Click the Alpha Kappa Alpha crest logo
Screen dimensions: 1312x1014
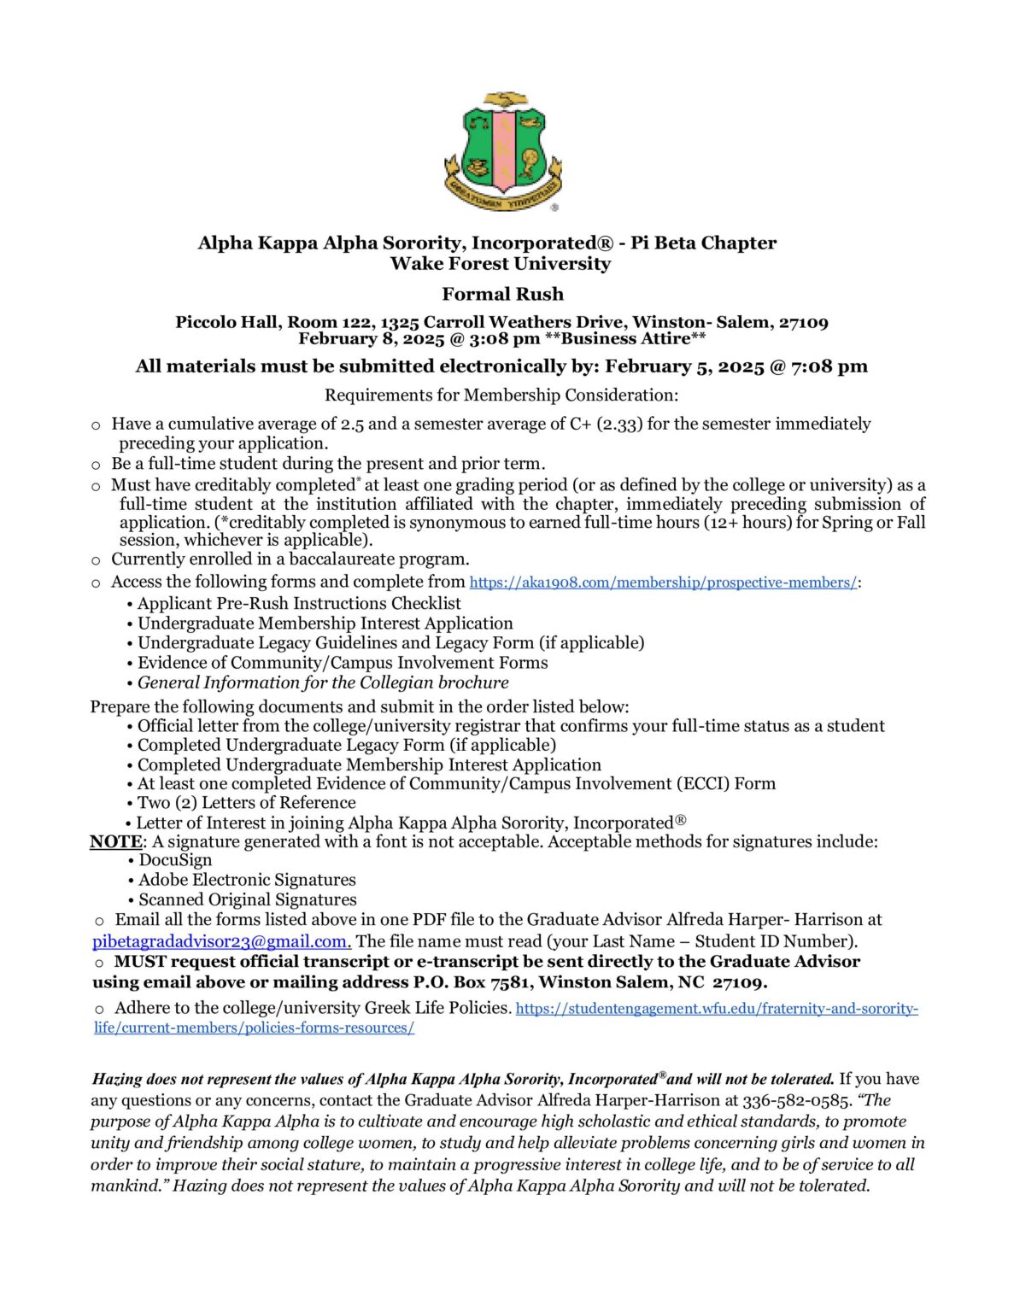tap(503, 151)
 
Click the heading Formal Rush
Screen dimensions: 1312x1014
tap(502, 294)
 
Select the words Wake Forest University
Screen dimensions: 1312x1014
tap(501, 264)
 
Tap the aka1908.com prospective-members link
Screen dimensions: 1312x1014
tap(663, 583)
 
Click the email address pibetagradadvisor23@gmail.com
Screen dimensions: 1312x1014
tap(221, 941)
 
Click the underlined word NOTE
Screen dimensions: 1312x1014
tap(115, 841)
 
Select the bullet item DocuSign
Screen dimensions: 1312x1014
tap(175, 860)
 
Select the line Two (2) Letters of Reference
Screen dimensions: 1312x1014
tap(246, 803)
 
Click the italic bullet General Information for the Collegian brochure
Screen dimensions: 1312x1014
tap(323, 682)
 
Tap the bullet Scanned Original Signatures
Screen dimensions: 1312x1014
tap(248, 899)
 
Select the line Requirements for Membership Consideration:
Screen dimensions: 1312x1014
tap(501, 395)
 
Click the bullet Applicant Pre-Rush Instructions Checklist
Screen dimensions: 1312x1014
tap(299, 603)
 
